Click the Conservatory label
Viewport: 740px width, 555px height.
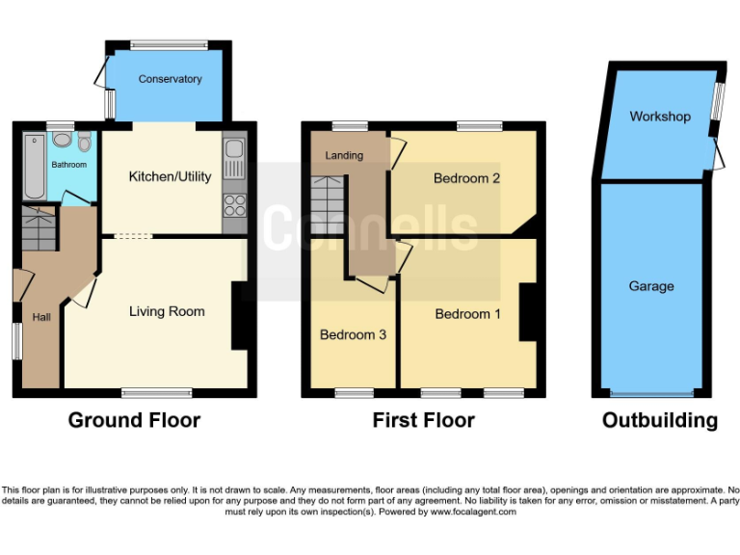click(x=170, y=79)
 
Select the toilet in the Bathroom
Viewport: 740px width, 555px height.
click(x=85, y=143)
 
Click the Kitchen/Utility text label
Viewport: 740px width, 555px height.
click(x=170, y=176)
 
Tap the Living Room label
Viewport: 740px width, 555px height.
click(x=167, y=311)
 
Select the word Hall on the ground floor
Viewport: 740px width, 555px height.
click(x=41, y=317)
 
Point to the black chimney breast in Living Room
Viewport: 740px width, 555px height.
click(x=239, y=315)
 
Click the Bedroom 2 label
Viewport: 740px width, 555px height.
click(x=466, y=178)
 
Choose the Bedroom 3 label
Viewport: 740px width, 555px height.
click(x=353, y=334)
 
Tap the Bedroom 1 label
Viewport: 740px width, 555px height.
click(x=467, y=314)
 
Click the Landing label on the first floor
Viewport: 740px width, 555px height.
click(x=344, y=155)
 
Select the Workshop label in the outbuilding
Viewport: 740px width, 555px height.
click(x=659, y=117)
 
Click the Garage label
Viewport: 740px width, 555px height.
click(x=651, y=286)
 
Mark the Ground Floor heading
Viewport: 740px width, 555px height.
click(x=134, y=420)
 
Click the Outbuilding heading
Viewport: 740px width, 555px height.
click(x=659, y=420)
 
